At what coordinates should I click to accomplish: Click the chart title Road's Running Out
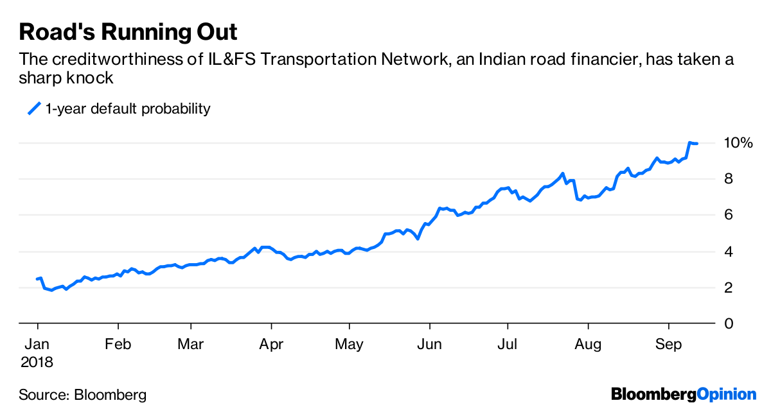128,32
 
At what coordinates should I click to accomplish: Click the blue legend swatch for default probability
34,109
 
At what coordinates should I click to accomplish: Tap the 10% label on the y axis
738,142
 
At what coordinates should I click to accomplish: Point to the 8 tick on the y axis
729,179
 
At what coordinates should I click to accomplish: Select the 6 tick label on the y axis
729,215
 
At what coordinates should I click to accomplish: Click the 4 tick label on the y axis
729,252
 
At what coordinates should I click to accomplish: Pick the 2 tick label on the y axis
729,288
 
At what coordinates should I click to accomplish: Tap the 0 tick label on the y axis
729,323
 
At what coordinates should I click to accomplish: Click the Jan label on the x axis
38,345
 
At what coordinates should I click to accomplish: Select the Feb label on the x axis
119,345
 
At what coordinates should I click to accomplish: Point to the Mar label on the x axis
191,345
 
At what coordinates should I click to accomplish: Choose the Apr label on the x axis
271,345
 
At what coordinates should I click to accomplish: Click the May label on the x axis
349,345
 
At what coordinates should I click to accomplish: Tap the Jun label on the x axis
429,345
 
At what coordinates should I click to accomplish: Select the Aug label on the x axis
587,345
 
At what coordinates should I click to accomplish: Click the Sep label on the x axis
668,345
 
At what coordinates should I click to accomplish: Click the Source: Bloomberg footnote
83,395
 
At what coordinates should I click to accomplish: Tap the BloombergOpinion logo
684,394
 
